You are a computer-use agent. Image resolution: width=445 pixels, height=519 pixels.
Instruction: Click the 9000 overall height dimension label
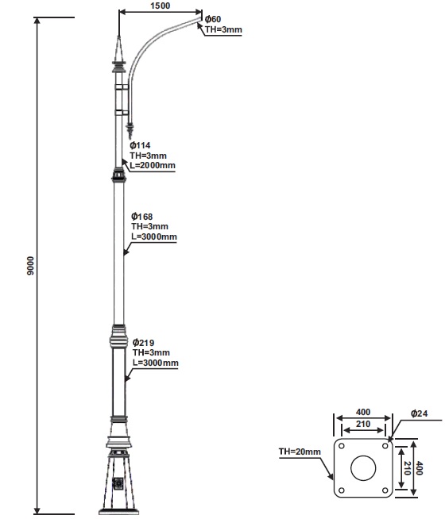[x=30, y=266]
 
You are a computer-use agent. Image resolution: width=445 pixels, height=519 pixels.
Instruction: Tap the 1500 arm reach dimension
[x=160, y=6]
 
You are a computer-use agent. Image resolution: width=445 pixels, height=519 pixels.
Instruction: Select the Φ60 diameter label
[x=213, y=19]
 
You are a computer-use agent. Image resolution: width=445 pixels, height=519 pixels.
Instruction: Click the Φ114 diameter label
[x=140, y=145]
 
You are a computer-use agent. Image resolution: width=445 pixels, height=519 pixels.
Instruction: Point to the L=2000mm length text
[x=153, y=165]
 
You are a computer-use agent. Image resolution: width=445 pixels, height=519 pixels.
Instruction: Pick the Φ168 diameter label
[x=141, y=217]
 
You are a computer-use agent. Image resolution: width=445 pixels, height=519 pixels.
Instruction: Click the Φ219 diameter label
[x=143, y=342]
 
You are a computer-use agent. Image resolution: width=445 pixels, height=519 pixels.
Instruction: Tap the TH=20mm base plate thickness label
[x=300, y=452]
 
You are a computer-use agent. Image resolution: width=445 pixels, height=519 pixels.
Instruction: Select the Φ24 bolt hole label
[x=419, y=413]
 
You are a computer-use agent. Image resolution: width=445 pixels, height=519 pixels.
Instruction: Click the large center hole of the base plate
[x=363, y=467]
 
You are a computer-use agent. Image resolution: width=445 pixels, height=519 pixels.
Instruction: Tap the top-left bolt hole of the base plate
[x=342, y=446]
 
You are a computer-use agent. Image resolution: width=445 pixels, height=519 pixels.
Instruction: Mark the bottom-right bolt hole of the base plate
[x=385, y=490]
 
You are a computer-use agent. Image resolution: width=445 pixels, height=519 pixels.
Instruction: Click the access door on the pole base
[x=118, y=483]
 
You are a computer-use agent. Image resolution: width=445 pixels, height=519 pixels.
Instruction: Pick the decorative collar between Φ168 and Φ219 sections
[x=118, y=337]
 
